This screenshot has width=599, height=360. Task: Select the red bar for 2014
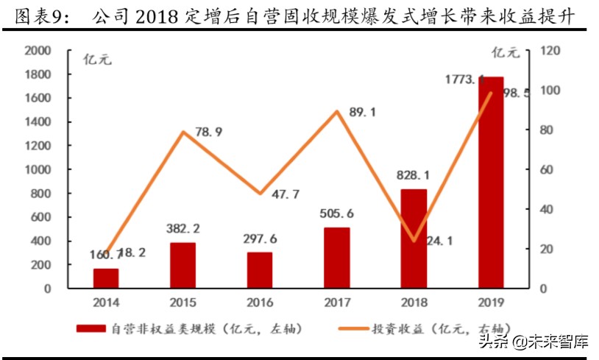[106, 278]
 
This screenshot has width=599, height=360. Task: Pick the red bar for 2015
[183, 265]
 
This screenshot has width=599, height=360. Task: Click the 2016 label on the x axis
[260, 303]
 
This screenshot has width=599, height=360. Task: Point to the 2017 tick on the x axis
[336, 303]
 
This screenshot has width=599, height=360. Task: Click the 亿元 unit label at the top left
[95, 60]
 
